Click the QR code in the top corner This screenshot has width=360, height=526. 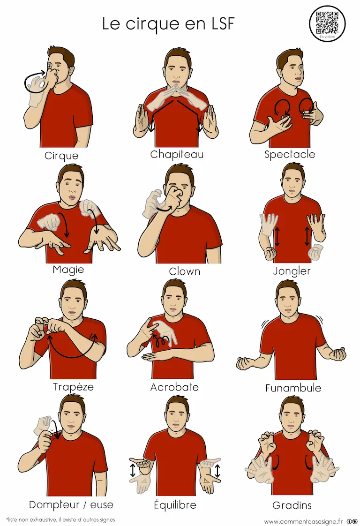(327, 23)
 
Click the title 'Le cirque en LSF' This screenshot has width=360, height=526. (168, 24)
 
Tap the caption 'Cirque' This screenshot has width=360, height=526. (61, 156)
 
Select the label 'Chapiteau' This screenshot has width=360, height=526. (177, 154)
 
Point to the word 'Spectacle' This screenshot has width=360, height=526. (290, 154)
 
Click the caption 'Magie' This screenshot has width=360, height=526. (68, 270)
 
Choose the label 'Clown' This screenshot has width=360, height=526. (185, 271)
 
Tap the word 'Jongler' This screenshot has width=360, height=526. (292, 271)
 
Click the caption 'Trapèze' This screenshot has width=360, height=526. (73, 387)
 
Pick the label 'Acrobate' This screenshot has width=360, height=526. (174, 387)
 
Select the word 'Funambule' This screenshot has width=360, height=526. (293, 388)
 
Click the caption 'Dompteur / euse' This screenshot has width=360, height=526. (71, 504)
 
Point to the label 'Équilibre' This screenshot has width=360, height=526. (175, 504)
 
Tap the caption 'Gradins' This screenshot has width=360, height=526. (292, 505)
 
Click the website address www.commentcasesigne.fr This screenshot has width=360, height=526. (303, 521)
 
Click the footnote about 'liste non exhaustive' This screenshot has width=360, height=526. (61, 519)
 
